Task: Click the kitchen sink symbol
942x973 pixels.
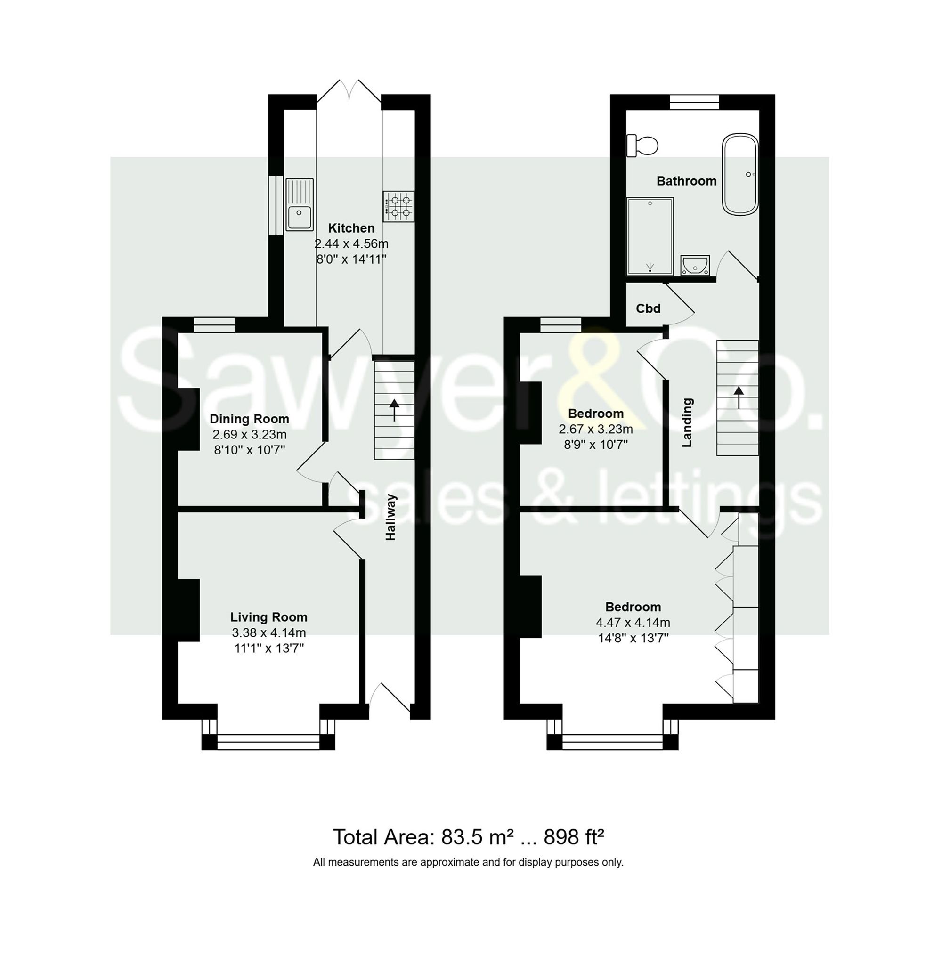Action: point(300,204)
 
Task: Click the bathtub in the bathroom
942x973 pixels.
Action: point(740,174)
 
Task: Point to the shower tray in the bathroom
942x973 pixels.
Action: point(650,236)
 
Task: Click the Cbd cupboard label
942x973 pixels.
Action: point(648,308)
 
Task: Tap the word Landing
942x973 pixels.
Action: point(687,422)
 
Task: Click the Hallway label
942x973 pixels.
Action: point(391,517)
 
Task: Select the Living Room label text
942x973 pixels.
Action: point(268,616)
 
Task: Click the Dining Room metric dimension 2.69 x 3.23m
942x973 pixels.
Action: point(249,434)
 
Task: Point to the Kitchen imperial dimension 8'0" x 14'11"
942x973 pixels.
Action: point(351,259)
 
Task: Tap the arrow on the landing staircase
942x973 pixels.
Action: point(739,397)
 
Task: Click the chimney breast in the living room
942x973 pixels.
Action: point(189,609)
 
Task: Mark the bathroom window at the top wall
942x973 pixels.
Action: point(694,102)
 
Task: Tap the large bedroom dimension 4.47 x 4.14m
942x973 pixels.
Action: point(633,622)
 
